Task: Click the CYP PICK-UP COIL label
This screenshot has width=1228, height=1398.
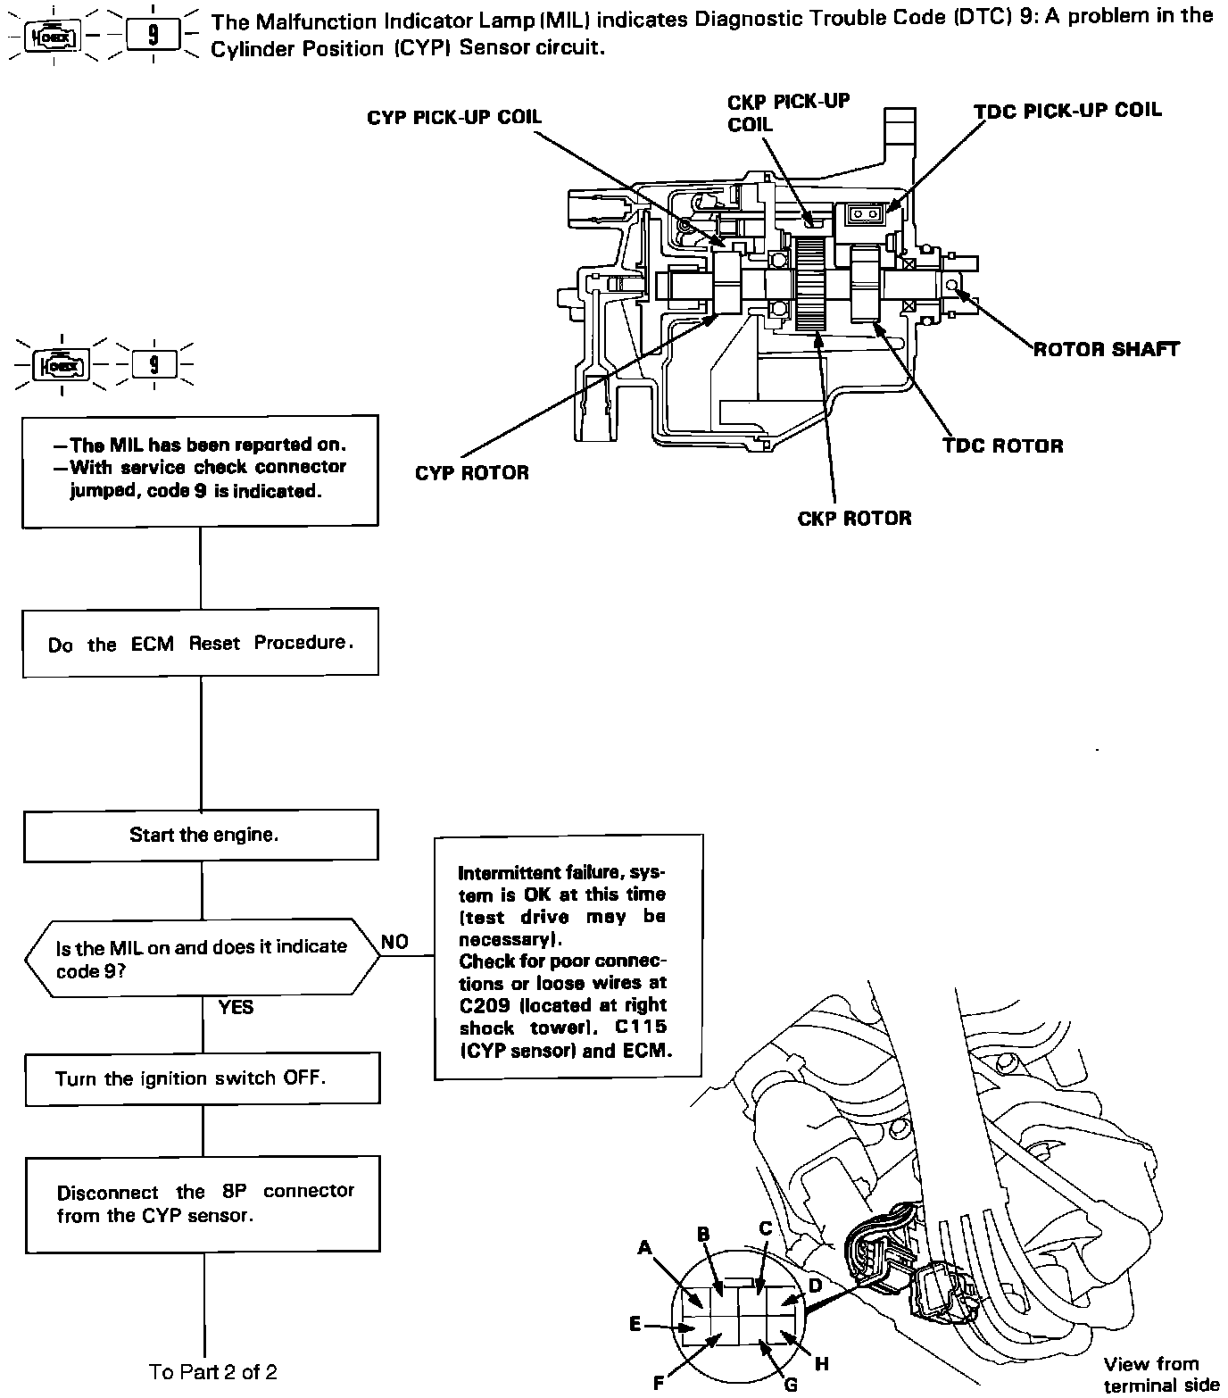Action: point(453,118)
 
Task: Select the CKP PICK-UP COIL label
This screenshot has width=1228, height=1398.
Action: point(788,112)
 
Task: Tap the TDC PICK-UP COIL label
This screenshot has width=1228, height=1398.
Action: point(1067,110)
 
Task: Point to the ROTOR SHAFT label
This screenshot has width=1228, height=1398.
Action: point(1106,349)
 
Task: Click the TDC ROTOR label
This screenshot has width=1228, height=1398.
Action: point(1002,445)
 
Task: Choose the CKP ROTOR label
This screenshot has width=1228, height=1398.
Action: point(854,518)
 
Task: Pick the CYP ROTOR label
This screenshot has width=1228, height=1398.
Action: point(471,472)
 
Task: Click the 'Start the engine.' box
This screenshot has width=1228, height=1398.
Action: point(201,836)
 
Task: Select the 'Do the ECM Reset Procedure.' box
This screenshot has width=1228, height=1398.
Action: point(201,643)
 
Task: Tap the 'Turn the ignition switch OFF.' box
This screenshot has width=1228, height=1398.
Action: point(203,1078)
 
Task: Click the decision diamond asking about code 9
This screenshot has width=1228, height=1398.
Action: point(202,957)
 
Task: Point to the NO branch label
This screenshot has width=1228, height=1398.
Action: point(394,942)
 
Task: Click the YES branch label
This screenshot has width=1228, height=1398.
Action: point(236,1007)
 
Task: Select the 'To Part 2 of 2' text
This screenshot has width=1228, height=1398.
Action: point(213,1371)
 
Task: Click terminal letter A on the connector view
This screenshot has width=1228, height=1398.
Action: point(645,1248)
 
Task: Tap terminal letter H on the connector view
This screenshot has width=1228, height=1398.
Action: point(822,1364)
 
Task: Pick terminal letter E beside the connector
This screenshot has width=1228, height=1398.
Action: point(635,1325)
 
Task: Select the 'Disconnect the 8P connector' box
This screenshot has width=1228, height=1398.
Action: point(203,1203)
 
